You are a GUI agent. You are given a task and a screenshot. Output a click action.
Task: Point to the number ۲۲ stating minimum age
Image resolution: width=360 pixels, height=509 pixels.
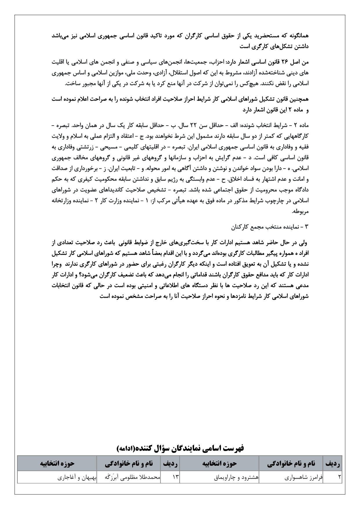click(x=195, y=125)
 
